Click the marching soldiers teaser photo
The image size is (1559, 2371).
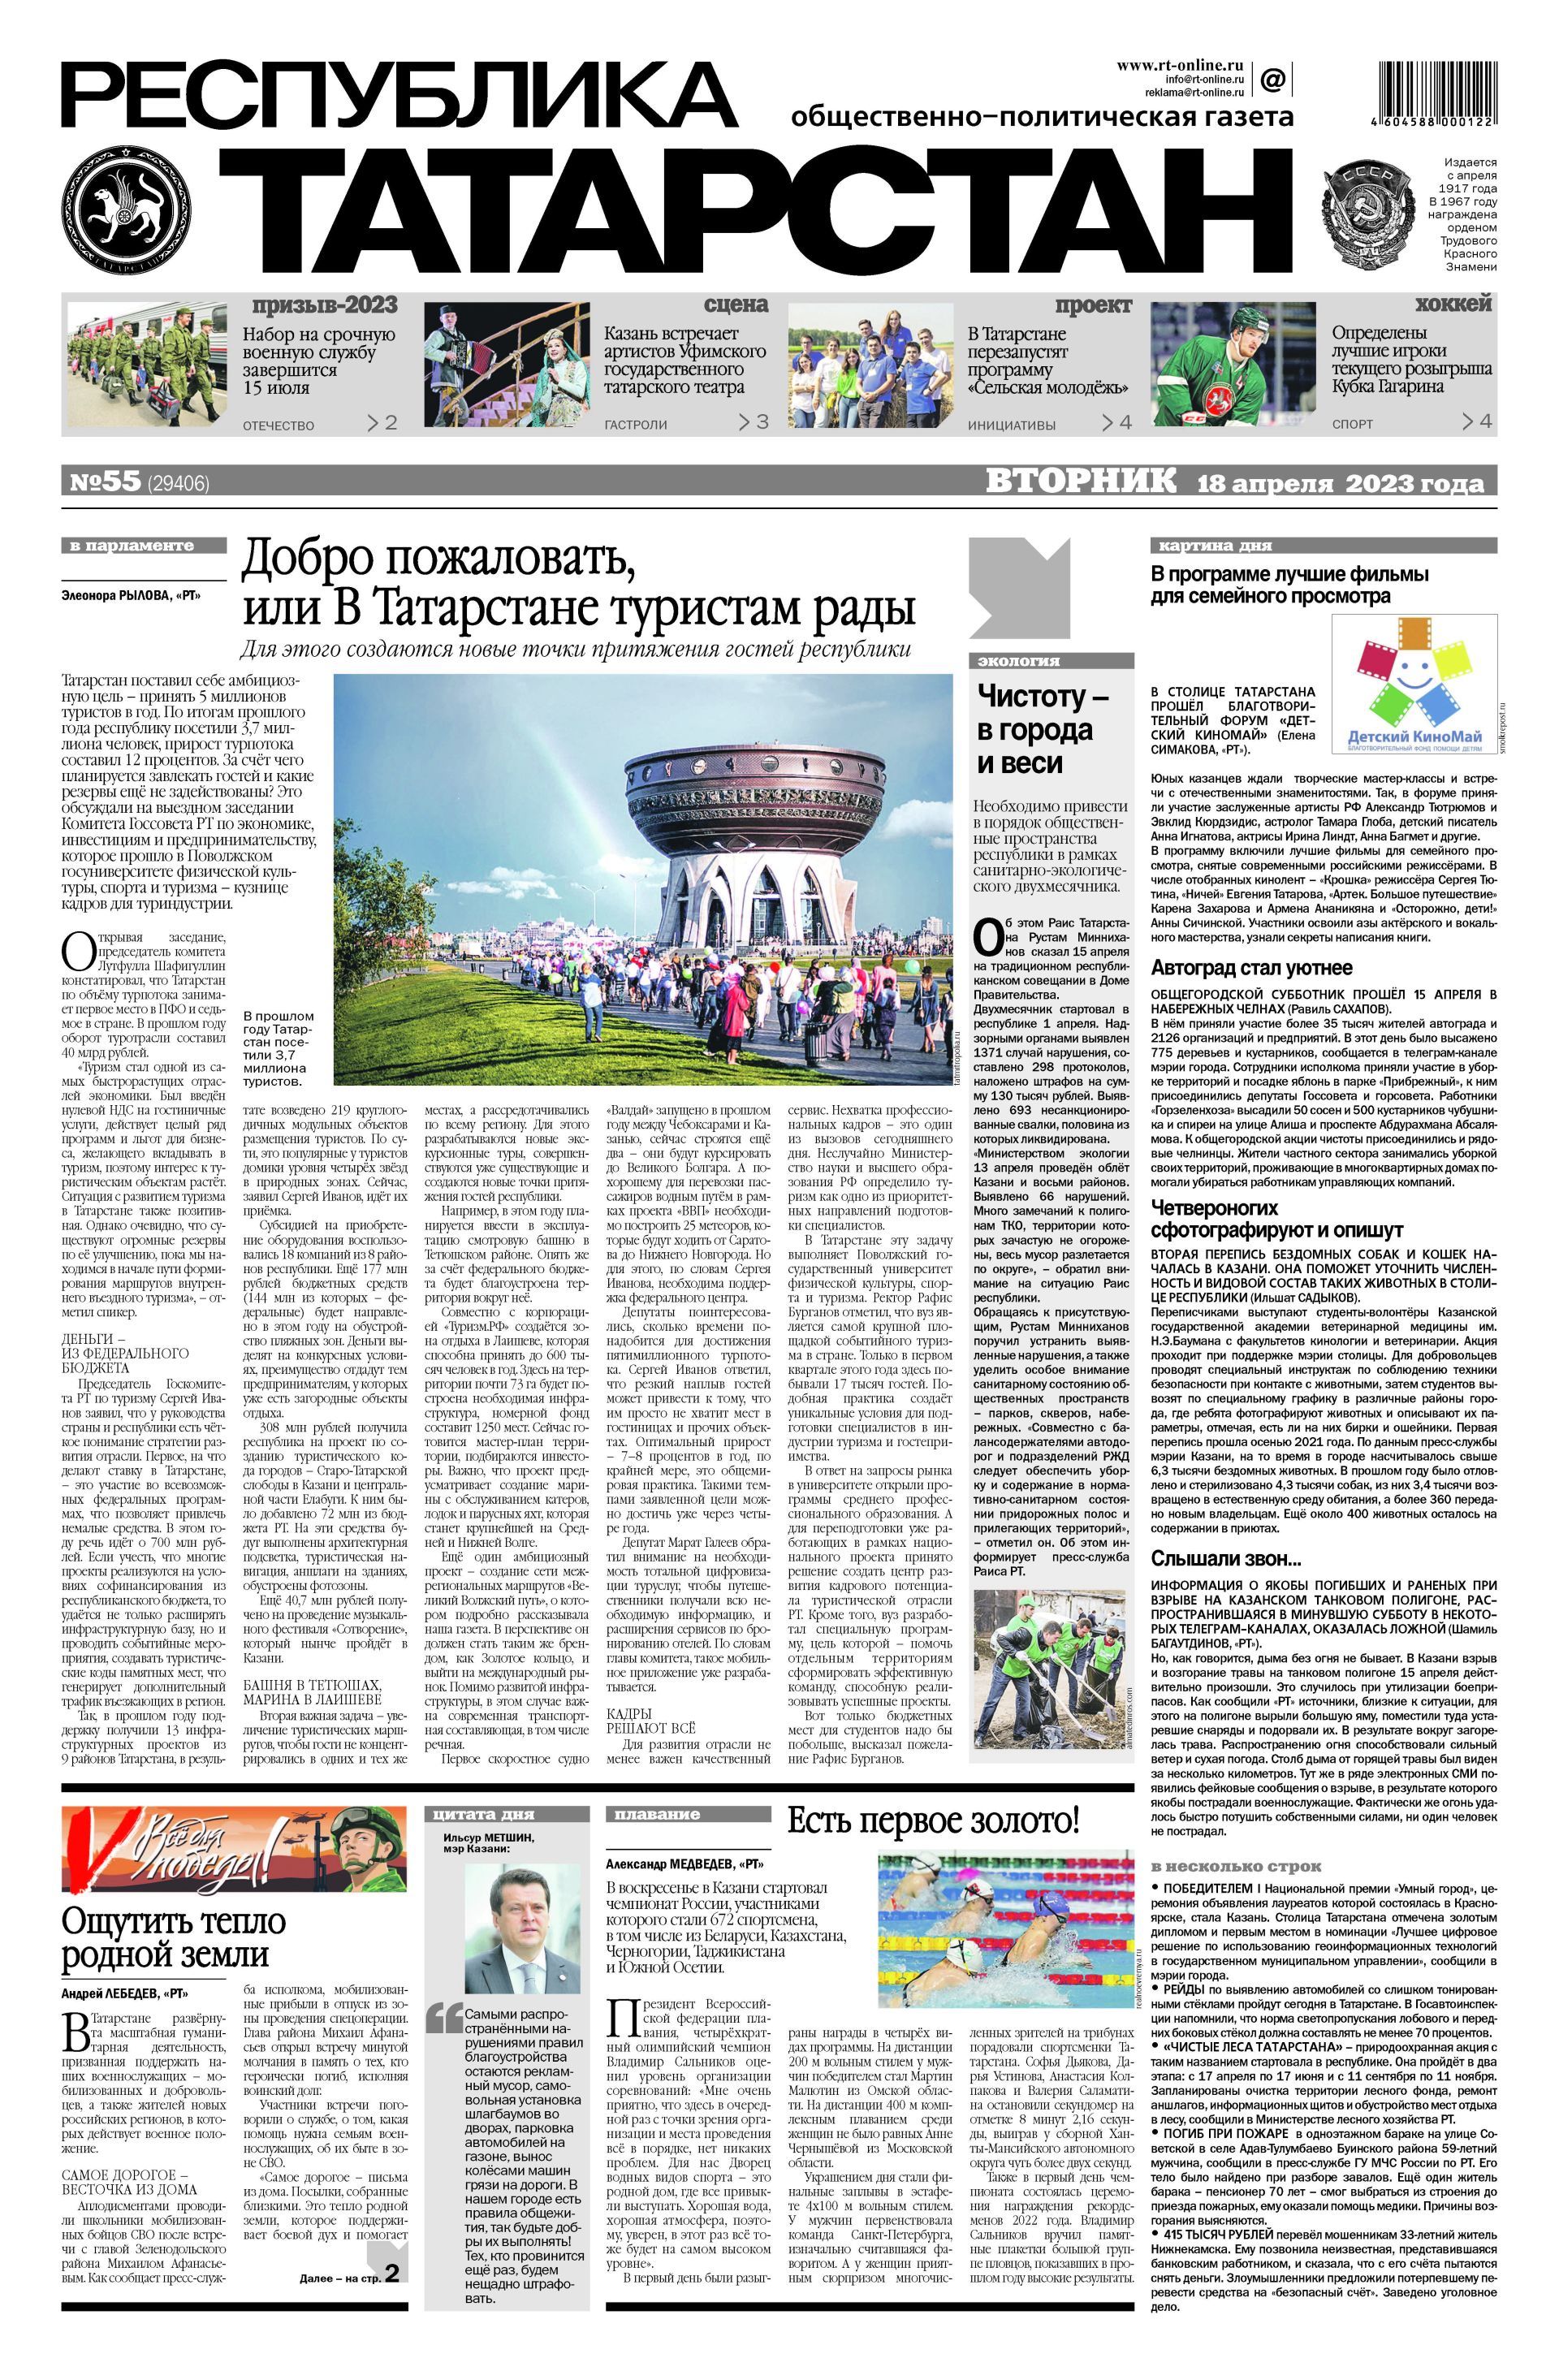(146, 365)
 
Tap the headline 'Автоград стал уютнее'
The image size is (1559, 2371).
(1251, 967)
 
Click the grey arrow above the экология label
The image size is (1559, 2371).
(1019, 587)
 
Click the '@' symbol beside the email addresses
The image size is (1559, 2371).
(1272, 79)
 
